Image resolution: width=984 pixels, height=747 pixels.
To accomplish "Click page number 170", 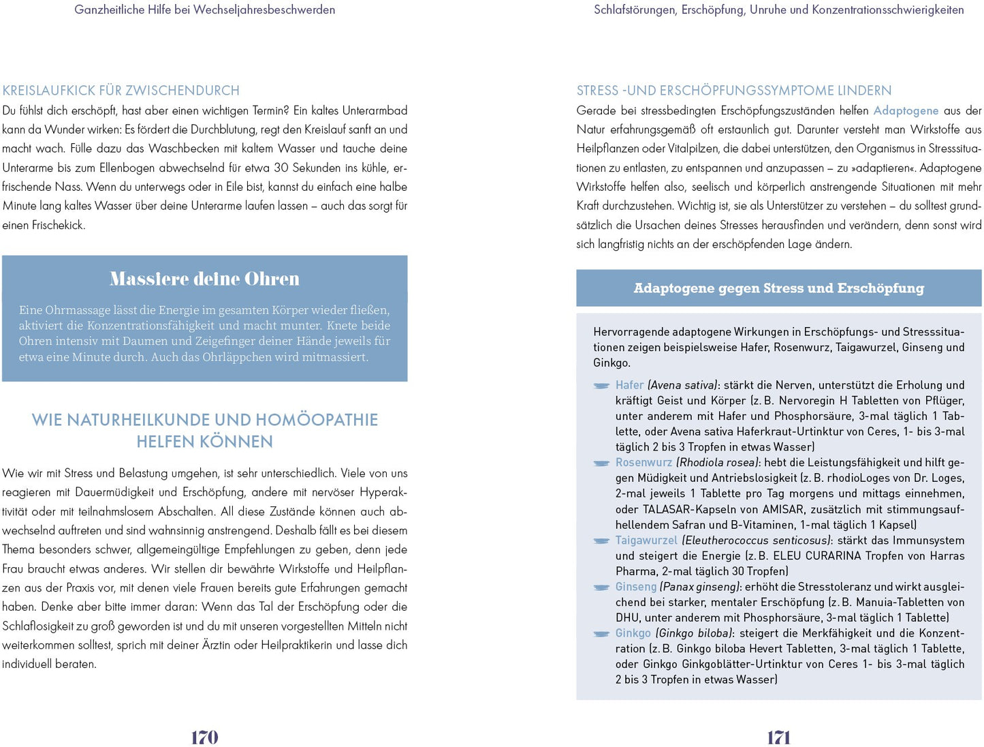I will pyautogui.click(x=204, y=737).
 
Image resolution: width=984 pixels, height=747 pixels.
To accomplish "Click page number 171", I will pyautogui.click(x=778, y=737).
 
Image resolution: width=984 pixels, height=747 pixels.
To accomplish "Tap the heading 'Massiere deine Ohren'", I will pyautogui.click(x=204, y=279).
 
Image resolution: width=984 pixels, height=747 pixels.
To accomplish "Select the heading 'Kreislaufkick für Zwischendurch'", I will pyautogui.click(x=121, y=91).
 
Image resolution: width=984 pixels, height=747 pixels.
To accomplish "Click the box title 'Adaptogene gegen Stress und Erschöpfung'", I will pyautogui.click(x=778, y=288).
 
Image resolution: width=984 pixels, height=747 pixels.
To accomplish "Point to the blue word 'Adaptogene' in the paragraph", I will pyautogui.click(x=906, y=110).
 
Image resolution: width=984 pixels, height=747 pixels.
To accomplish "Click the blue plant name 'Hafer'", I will pyautogui.click(x=629, y=385).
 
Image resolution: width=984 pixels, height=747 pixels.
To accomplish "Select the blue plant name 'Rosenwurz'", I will pyautogui.click(x=644, y=462).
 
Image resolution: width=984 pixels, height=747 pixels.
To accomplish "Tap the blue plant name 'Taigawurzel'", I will pyautogui.click(x=646, y=540).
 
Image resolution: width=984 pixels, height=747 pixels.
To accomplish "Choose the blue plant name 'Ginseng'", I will pyautogui.click(x=636, y=587).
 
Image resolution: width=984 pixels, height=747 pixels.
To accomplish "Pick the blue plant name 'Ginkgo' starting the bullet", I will pyautogui.click(x=633, y=633).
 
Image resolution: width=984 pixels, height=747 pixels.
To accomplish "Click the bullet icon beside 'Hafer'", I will pyautogui.click(x=601, y=386).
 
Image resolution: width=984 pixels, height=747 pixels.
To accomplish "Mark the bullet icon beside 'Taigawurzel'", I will pyautogui.click(x=601, y=541).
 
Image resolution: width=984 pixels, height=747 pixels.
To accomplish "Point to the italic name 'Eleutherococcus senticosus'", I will pyautogui.click(x=757, y=540).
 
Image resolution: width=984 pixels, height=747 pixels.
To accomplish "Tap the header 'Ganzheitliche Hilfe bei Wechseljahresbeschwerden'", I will pyautogui.click(x=204, y=10).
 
